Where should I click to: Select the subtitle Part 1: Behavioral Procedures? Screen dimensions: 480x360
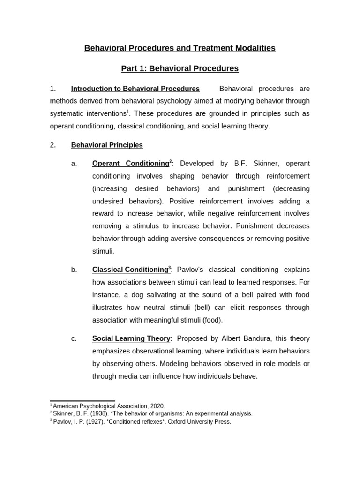[180, 69]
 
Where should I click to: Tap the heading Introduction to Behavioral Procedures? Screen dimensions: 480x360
[135, 89]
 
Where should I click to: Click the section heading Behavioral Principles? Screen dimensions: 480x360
[107, 145]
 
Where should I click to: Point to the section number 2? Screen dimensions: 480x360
[53, 145]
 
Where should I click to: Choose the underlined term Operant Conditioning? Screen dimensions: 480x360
[130, 164]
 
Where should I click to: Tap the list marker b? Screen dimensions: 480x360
[74, 270]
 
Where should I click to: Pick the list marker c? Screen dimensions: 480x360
[74, 338]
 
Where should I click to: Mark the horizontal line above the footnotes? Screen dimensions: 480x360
[82, 401]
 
